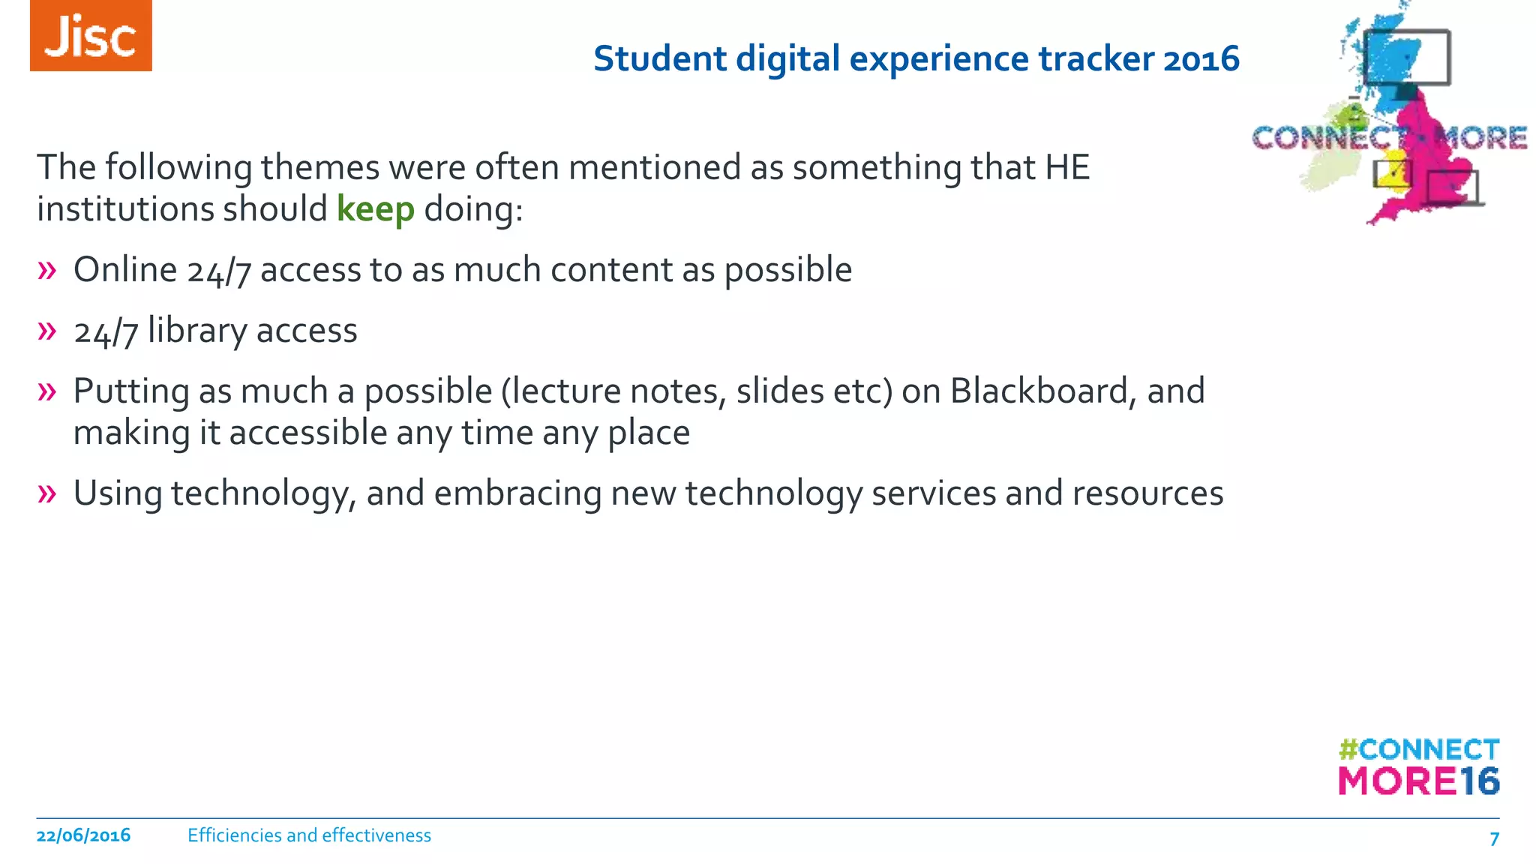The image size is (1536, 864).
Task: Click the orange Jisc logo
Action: [x=91, y=35]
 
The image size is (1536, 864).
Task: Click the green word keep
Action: [x=375, y=209]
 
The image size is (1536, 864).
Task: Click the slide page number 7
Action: [x=1494, y=838]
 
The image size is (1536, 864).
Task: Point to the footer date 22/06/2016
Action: [x=83, y=835]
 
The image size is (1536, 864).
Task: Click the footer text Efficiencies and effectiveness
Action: [x=309, y=835]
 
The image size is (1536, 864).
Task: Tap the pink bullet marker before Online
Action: [x=46, y=270]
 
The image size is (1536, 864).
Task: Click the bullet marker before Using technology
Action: [x=46, y=493]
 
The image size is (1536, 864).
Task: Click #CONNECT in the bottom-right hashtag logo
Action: [x=1418, y=749]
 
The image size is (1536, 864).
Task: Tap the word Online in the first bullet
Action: [x=124, y=270]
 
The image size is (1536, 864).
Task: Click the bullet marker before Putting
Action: [x=46, y=391]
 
